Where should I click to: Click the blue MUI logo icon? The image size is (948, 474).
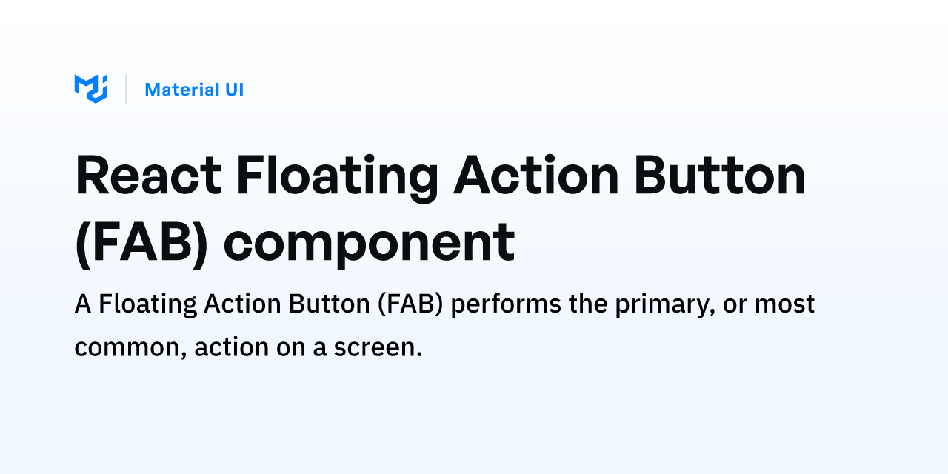coord(91,89)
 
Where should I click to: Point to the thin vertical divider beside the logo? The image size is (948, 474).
coord(126,89)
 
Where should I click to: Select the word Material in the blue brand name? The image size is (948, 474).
coord(182,90)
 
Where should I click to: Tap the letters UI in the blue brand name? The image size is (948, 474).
coord(235,90)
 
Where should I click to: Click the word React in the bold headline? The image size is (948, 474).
coord(149,175)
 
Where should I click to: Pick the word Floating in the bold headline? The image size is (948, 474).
coord(337,178)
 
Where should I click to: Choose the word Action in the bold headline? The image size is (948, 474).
coord(536,175)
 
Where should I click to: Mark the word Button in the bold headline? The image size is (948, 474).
coord(720,175)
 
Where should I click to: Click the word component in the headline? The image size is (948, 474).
coord(369,245)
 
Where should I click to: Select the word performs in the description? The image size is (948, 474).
coord(506,304)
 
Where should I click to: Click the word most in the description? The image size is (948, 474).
coord(784,304)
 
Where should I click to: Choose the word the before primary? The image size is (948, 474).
coord(588,304)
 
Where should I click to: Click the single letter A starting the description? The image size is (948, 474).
coord(83,304)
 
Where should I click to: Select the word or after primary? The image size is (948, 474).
coord(735,306)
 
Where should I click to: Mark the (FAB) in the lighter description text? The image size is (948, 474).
coord(410,304)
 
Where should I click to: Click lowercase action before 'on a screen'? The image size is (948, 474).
coord(232,347)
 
